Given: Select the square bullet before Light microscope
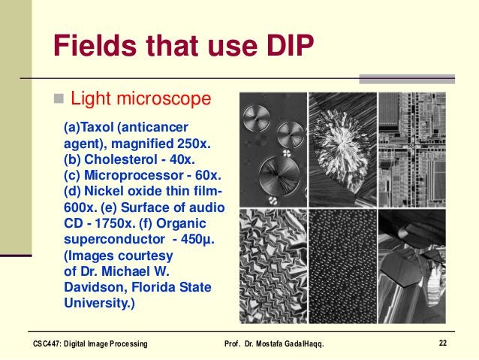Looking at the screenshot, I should coord(59,99).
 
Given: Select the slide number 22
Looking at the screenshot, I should coord(442,343).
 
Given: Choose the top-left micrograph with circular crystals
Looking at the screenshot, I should coord(272,150).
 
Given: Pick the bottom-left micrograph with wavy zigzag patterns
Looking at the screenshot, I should coord(272,266).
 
